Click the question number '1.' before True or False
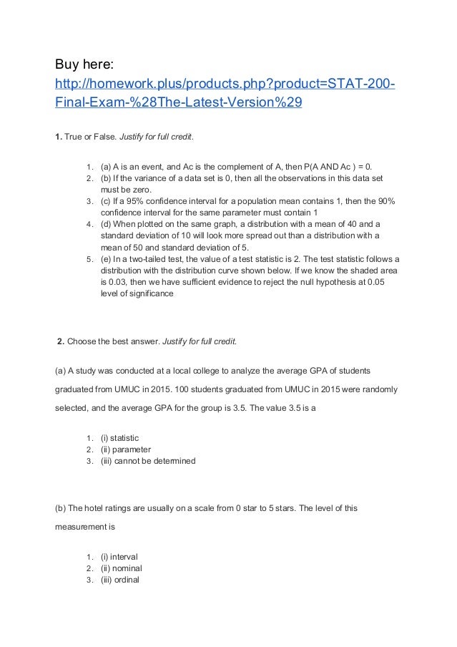[59, 136]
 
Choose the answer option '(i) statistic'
[119, 438]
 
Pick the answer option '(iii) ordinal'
[119, 580]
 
